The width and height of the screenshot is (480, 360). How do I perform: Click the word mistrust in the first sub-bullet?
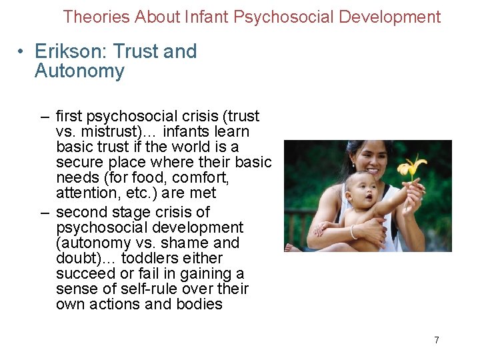tap(105, 132)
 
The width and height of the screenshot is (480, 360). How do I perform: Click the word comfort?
tap(203, 178)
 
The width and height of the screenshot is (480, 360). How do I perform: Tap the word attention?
tap(85, 193)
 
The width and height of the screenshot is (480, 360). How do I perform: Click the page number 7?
tap(437, 340)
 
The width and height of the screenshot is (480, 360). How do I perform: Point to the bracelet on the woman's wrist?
tap(353, 233)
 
